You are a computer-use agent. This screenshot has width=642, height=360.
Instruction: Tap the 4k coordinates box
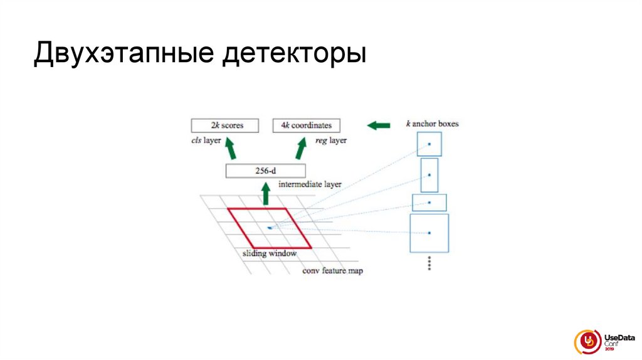307,125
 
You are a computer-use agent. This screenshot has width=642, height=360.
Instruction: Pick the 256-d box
265,171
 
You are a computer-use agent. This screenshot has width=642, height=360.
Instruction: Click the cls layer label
206,140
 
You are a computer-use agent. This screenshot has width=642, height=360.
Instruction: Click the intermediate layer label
310,184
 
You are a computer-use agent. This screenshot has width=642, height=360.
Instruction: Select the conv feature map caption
332,271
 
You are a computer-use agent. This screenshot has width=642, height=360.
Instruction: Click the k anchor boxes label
432,124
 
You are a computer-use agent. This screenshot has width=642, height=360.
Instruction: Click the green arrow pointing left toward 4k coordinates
377,125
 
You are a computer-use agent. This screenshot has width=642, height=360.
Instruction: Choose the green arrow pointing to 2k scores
230,149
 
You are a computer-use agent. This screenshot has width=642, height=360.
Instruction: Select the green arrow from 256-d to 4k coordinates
302,149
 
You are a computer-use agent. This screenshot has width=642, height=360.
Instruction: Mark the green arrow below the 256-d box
265,194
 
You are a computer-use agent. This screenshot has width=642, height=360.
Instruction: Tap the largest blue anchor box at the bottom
429,233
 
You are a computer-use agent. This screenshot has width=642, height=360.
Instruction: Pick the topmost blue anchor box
429,144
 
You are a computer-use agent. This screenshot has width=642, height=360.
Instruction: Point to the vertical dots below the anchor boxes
429,263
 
